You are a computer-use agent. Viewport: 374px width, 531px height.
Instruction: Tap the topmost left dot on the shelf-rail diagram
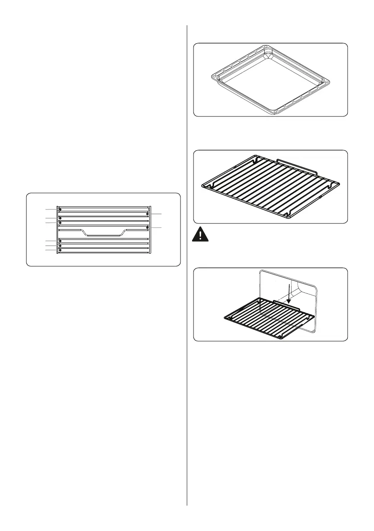click(x=59, y=209)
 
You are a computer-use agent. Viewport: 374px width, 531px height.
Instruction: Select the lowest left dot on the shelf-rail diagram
click(x=59, y=251)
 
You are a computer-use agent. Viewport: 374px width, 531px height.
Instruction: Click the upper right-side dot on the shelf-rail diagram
click(x=147, y=214)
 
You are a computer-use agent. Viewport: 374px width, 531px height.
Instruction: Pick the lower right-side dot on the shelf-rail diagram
click(x=147, y=227)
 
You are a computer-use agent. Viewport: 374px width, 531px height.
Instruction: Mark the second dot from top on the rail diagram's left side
click(x=59, y=218)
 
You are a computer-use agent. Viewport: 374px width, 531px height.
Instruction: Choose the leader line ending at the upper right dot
click(x=157, y=214)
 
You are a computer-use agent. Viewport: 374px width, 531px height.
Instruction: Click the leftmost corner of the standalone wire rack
click(x=203, y=185)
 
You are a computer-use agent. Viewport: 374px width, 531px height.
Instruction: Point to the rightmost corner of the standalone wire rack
click(x=339, y=182)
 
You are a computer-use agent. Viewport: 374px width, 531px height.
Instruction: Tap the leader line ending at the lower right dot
click(x=157, y=228)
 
